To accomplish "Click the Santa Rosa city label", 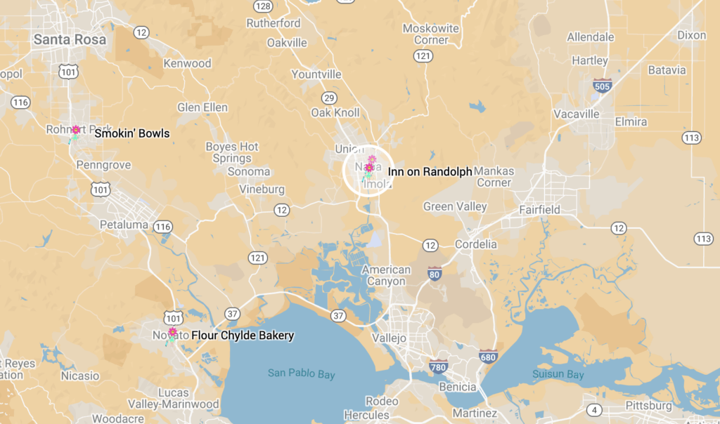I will tap(70, 39).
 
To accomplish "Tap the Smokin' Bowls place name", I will tap(132, 133).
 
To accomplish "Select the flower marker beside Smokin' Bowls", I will tap(75, 131).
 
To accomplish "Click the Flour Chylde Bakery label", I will tap(243, 336).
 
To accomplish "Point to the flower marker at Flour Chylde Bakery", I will tap(172, 333).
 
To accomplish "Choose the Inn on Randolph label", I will tap(430, 171).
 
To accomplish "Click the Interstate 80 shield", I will tap(435, 274).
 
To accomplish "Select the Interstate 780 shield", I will tap(439, 366).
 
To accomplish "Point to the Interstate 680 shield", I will tap(487, 356).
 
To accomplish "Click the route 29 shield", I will tap(329, 98).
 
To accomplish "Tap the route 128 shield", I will tap(263, 6).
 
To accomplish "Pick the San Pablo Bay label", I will tap(302, 373).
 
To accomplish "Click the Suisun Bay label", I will tap(558, 374).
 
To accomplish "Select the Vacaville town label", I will tap(577, 114).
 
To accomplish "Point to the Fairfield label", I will tap(539, 209).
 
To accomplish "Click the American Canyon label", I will tap(387, 275).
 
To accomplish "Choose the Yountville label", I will tap(316, 74).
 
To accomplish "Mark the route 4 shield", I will tap(596, 409).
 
